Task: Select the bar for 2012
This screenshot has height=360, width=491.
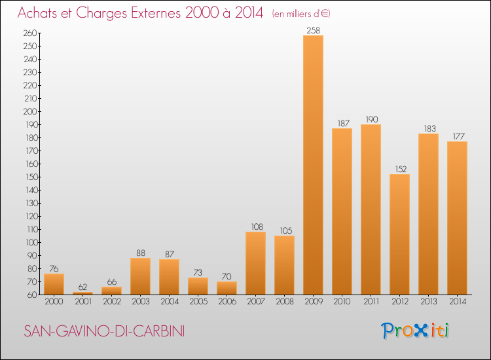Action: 399,234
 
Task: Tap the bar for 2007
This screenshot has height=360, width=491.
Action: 255,262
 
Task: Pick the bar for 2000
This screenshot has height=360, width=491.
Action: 54,283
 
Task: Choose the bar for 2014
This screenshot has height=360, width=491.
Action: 457,217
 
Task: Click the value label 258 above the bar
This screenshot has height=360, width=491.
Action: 313,30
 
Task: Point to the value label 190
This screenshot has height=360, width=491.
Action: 371,119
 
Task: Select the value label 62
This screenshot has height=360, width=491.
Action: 82,287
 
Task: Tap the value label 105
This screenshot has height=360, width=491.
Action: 284,230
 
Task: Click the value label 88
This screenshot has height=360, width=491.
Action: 140,253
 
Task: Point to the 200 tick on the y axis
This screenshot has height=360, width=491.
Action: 29,111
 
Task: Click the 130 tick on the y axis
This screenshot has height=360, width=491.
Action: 29,203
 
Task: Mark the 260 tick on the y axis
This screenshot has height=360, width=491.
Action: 29,33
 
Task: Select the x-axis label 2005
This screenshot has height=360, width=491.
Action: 198,302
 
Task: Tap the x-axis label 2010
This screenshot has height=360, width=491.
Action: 342,302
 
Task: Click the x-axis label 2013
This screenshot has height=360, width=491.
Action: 428,302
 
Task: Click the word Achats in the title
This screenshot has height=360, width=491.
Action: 41,12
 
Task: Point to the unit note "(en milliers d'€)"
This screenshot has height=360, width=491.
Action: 301,14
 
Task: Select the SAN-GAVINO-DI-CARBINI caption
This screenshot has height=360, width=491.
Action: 103,332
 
